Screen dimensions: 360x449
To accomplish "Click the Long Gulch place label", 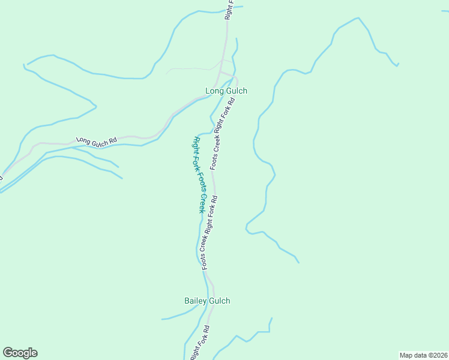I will click(x=226, y=91).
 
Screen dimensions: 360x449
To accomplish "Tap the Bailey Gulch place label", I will click(x=206, y=301).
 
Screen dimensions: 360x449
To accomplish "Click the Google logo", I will click(x=20, y=353).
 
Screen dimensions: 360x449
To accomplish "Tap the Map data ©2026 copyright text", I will click(x=423, y=355).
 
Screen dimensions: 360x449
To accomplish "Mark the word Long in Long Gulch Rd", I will click(x=82, y=140).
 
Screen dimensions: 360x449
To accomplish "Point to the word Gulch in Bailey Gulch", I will click(x=218, y=301).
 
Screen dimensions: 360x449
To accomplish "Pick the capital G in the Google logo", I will click(x=8, y=353).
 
